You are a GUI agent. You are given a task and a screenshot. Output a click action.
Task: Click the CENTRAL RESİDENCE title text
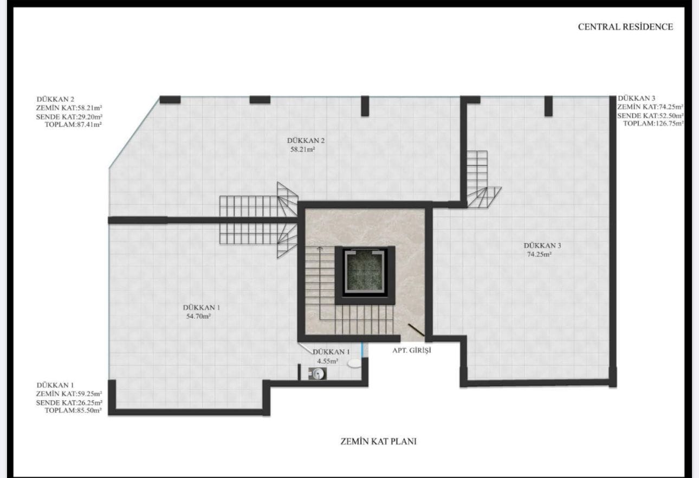tap(625, 27)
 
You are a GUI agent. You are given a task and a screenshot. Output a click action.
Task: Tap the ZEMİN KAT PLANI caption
tap(378, 442)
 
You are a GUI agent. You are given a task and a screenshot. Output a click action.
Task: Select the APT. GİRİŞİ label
tap(412, 351)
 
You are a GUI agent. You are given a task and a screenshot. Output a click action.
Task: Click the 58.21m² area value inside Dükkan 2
tap(302, 150)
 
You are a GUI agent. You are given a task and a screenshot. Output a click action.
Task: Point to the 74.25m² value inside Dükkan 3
tap(539, 254)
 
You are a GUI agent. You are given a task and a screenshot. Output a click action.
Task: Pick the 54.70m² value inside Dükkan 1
tap(198, 316)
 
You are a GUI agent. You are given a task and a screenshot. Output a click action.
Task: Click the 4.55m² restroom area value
tap(328, 361)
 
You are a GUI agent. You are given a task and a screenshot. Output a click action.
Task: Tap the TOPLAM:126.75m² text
tap(653, 124)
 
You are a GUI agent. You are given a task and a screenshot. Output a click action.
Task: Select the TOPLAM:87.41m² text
tap(73, 125)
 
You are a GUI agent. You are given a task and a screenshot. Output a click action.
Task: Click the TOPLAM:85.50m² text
tap(73, 410)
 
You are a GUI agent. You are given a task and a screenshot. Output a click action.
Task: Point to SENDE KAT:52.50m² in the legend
tap(650, 116)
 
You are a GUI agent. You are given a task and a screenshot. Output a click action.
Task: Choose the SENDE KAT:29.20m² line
tap(69, 117)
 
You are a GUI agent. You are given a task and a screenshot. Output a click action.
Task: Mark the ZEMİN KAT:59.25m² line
tap(69, 394)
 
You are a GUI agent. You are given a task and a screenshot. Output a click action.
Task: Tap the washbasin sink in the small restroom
tap(318, 373)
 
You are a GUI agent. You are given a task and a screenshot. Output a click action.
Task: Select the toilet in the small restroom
tap(354, 363)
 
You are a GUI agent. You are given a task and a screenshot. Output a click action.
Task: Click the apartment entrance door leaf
tap(416, 330)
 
